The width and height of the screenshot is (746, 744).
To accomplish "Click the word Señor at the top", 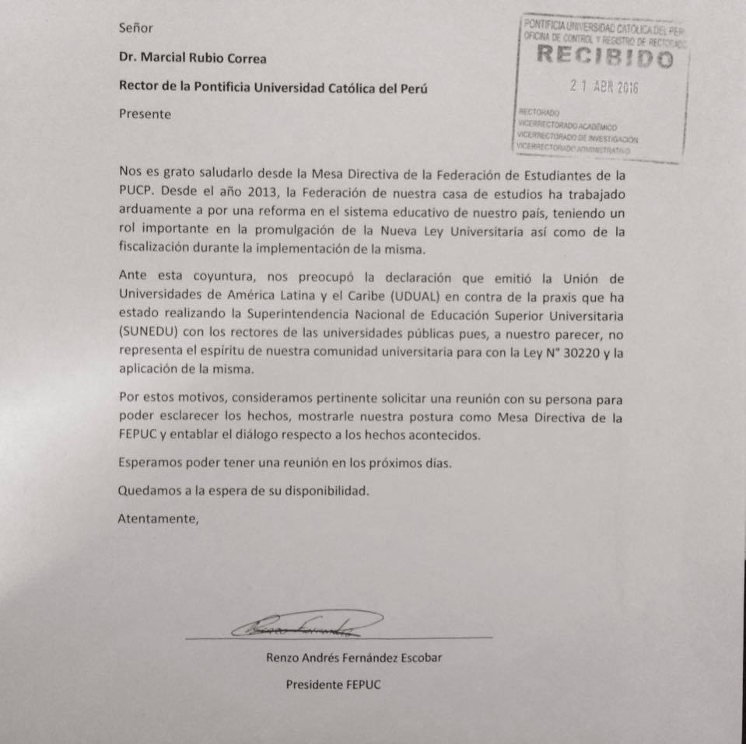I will (136, 28).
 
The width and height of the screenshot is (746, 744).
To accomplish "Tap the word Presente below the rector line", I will (145, 114).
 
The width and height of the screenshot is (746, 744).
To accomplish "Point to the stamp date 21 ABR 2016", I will (604, 87).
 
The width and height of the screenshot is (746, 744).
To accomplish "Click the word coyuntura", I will (211, 277).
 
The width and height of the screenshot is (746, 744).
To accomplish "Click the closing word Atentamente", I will (158, 519).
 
